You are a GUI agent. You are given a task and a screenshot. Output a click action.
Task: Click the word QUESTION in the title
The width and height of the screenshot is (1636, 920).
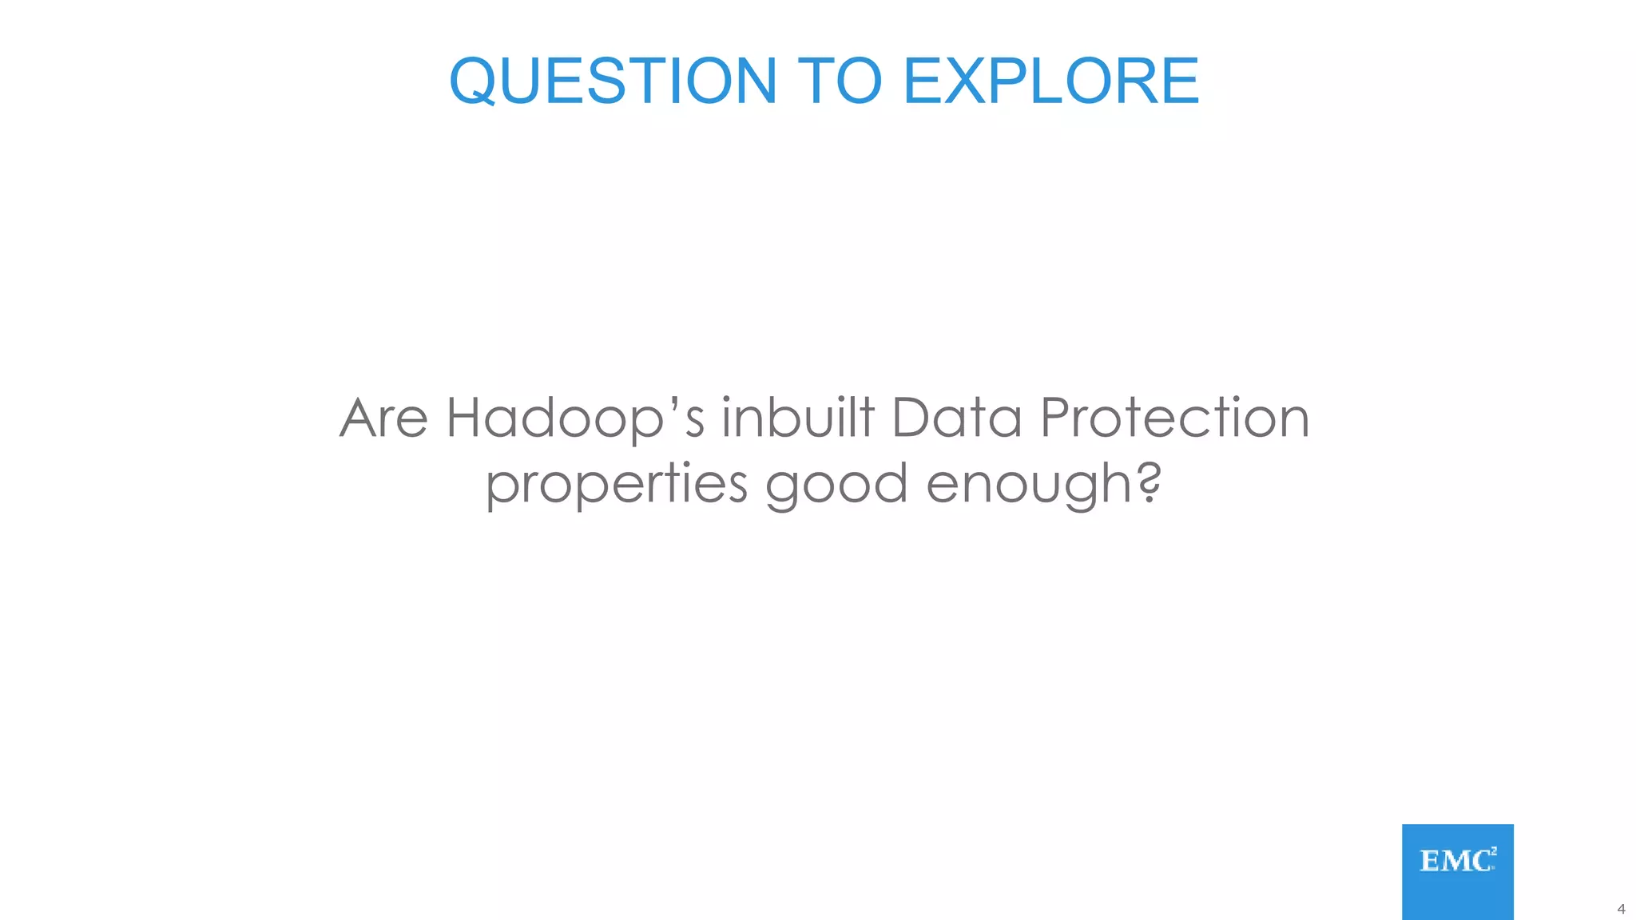click(x=613, y=81)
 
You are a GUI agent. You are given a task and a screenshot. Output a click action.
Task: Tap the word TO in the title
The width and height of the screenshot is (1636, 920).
click(x=840, y=81)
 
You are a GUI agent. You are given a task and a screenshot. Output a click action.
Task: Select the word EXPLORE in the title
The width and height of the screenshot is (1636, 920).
click(x=1050, y=81)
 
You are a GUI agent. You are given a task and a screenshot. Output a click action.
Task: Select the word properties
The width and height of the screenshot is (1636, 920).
click(x=616, y=485)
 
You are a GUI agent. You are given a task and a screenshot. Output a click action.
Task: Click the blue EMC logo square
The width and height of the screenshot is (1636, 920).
click(x=1457, y=871)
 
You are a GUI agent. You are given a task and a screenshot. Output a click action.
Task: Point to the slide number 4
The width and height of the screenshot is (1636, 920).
click(x=1621, y=909)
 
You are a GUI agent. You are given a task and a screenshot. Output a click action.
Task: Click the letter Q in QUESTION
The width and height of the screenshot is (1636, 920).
click(x=479, y=81)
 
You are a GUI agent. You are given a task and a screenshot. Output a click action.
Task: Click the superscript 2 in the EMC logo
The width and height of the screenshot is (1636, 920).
click(x=1493, y=851)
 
